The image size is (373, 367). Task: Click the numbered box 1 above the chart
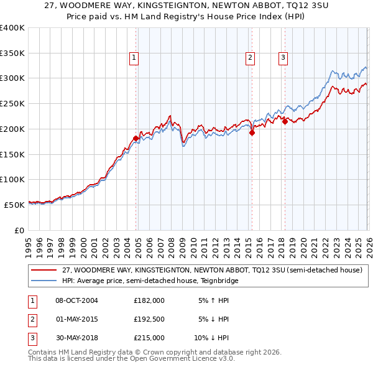pyautogui.click(x=134, y=58)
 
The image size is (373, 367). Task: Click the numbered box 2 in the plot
pyautogui.click(x=250, y=58)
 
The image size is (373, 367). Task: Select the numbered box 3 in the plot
pyautogui.click(x=283, y=58)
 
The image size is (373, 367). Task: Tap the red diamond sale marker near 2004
pyautogui.click(x=136, y=138)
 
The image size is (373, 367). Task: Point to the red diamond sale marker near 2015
pyautogui.click(x=252, y=132)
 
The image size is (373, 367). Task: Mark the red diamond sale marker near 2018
pyautogui.click(x=285, y=121)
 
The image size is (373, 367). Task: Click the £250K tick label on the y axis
pyautogui.click(x=12, y=103)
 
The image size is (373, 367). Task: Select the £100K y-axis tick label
pyautogui.click(x=12, y=179)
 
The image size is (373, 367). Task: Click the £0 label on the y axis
pyautogui.click(x=19, y=230)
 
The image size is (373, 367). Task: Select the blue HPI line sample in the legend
pyautogui.click(x=44, y=281)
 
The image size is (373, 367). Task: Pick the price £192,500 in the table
pyautogui.click(x=149, y=319)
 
